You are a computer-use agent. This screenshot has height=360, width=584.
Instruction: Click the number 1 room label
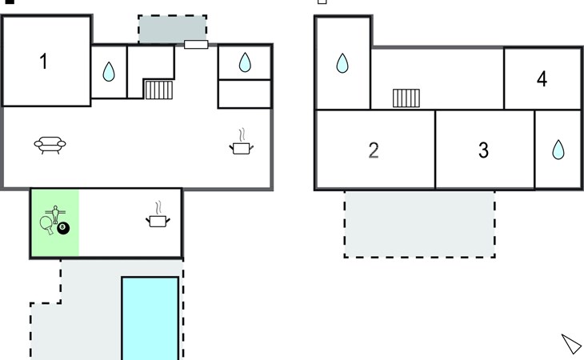point(43,62)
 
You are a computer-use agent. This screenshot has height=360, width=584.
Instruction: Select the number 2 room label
point(374,150)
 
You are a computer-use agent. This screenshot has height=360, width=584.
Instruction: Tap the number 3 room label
point(483,150)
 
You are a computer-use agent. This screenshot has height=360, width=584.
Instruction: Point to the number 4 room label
point(542,79)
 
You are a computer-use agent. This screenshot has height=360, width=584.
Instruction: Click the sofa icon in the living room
point(50,145)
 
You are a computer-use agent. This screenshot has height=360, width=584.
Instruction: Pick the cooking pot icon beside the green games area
point(158,215)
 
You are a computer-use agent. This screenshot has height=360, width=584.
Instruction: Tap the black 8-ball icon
point(63,228)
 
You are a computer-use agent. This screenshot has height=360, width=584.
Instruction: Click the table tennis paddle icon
point(46,225)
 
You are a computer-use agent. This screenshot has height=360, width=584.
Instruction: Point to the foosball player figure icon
point(55,214)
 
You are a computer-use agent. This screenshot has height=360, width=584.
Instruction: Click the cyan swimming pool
point(150,318)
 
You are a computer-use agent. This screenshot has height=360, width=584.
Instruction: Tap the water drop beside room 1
point(109,71)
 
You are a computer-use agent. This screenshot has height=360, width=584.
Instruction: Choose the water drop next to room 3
point(558,150)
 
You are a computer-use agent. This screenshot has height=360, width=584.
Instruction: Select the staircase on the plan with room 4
point(406,98)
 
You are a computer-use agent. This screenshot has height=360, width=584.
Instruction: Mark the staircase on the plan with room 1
point(159,90)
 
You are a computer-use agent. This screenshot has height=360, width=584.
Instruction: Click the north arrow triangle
point(572,343)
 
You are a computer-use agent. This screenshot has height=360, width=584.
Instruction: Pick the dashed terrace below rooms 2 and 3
point(419,224)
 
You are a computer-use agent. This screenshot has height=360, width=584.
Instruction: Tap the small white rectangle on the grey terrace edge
point(196,44)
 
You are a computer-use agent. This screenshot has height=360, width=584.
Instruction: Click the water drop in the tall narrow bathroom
point(342,63)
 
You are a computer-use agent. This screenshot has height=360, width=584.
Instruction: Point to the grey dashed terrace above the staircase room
point(173,30)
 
